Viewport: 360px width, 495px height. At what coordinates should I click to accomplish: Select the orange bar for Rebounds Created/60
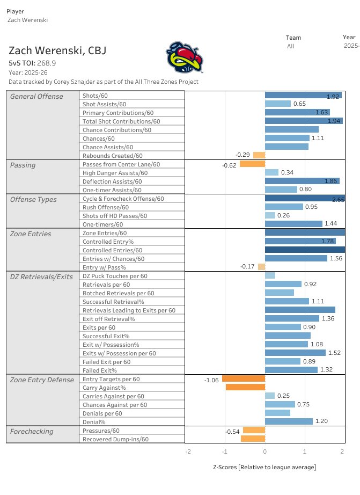(x=259, y=155)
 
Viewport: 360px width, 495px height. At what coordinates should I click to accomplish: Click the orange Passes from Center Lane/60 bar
(x=252, y=164)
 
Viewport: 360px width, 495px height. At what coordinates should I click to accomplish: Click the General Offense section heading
(x=36, y=97)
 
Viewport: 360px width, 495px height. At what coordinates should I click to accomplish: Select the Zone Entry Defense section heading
(x=42, y=380)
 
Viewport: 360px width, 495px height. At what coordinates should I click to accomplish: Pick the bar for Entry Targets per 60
(x=244, y=378)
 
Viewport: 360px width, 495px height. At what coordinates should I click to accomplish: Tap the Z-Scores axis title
(x=265, y=467)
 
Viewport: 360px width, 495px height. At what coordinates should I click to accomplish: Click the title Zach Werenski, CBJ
(x=57, y=51)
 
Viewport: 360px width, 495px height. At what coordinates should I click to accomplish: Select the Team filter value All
(x=290, y=46)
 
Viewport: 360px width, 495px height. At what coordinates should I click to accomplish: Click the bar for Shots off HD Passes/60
(x=270, y=215)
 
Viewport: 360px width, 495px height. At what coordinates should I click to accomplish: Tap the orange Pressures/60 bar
(x=254, y=430)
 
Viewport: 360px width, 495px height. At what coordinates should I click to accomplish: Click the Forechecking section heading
(x=32, y=431)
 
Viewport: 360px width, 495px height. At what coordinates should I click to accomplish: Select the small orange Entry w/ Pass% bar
(x=261, y=267)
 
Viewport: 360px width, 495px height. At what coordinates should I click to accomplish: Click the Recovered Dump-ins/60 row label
(x=115, y=439)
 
